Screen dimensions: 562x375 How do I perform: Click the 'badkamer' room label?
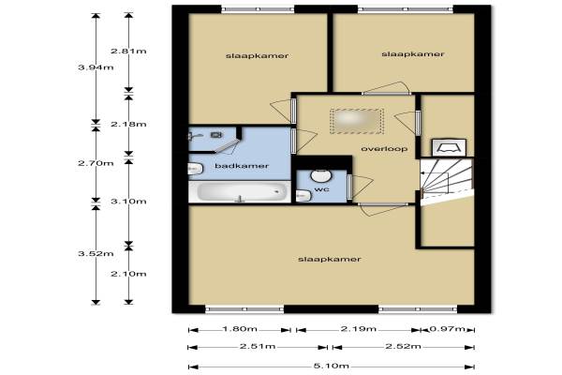pyautogui.click(x=242, y=166)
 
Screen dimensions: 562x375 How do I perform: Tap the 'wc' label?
pyautogui.click(x=321, y=189)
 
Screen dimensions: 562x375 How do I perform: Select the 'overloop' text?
pyautogui.click(x=384, y=149)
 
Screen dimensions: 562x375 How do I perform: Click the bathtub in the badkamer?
pyautogui.click(x=240, y=191)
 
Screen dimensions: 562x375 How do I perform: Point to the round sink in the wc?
pyautogui.click(x=320, y=175)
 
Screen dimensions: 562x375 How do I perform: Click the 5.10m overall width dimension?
pyautogui.click(x=332, y=366)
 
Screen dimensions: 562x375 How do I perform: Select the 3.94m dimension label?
pyautogui.click(x=96, y=67)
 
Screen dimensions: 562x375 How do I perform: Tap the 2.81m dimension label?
pyautogui.click(x=128, y=51)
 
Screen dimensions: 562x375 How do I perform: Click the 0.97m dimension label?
pyautogui.click(x=447, y=329)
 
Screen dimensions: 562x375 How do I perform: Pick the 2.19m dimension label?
pyautogui.click(x=359, y=329)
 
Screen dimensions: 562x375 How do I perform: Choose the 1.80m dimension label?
pyautogui.click(x=240, y=329)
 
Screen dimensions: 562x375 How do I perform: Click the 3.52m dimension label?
pyautogui.click(x=96, y=254)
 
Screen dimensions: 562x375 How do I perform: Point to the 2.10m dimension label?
pyautogui.click(x=128, y=274)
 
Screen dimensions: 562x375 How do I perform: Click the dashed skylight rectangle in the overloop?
pyautogui.click(x=357, y=121)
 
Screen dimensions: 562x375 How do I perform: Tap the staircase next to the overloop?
pyautogui.click(x=447, y=181)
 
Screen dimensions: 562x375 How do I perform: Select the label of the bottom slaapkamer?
pyautogui.click(x=330, y=259)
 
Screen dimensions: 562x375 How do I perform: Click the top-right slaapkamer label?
pyautogui.click(x=413, y=54)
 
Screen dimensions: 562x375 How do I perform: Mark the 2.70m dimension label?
pyautogui.click(x=96, y=163)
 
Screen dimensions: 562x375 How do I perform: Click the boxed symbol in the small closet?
pyautogui.click(x=449, y=148)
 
